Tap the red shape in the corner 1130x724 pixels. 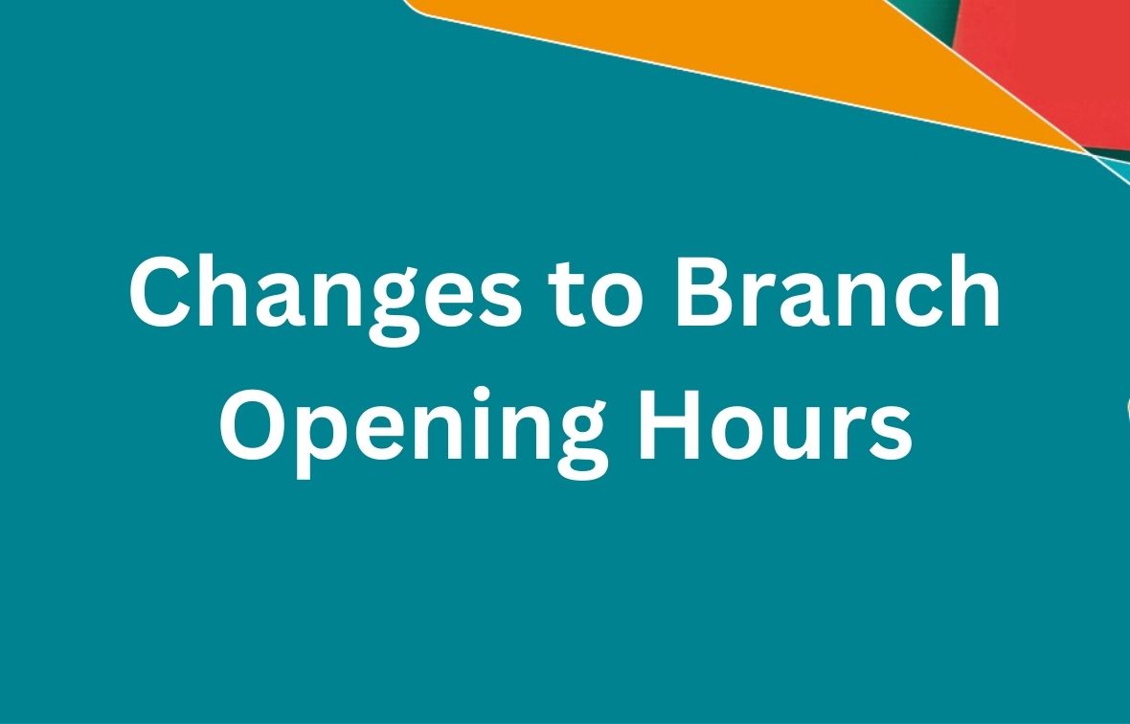[1053, 57]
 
